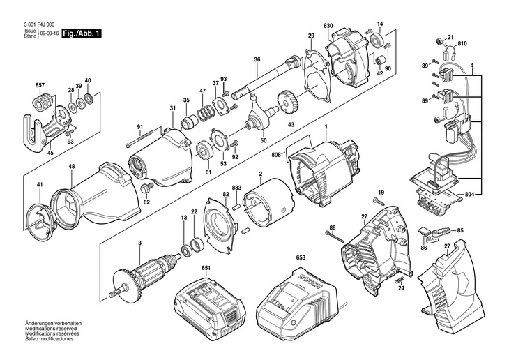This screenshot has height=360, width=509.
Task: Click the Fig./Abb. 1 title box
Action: (82, 33)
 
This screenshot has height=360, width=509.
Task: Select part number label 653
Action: (301, 258)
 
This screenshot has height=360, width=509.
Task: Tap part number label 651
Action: (206, 267)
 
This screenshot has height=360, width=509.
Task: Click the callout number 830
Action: (328, 26)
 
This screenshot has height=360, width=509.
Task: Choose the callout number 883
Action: (236, 188)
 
